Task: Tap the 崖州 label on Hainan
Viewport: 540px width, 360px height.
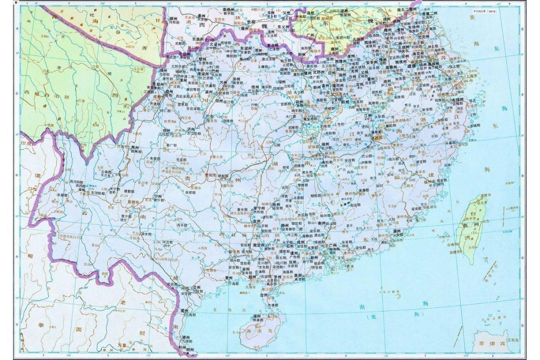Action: coord(257,317)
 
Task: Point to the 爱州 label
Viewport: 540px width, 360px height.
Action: coord(184,310)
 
